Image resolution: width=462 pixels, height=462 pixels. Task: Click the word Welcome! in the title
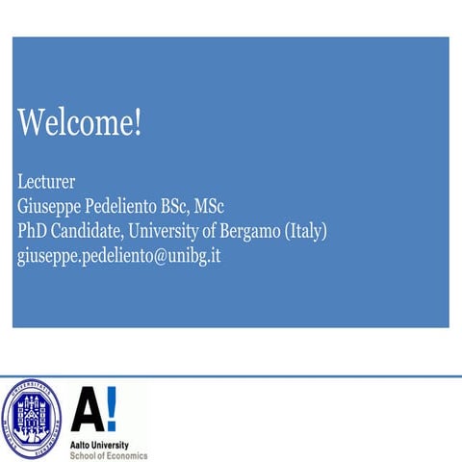tap(79, 123)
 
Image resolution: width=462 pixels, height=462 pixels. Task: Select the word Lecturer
tap(46, 181)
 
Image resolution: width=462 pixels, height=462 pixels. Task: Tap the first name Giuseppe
tap(53, 206)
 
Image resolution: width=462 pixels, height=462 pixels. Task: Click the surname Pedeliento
tap(138, 206)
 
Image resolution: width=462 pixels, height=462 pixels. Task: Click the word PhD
tap(34, 231)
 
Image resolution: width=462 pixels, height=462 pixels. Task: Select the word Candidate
tap(95, 231)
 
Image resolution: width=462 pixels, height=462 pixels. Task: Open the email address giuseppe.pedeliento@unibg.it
tap(119, 257)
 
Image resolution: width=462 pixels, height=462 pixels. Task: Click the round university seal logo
tap(32, 419)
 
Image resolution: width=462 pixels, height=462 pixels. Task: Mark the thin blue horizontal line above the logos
tap(231, 375)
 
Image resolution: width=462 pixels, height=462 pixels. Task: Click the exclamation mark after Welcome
tap(137, 123)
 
